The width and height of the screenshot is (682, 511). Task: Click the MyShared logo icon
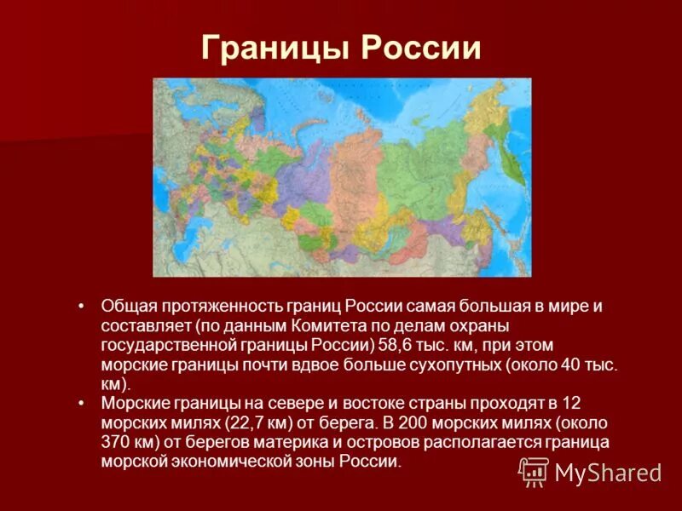534,470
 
